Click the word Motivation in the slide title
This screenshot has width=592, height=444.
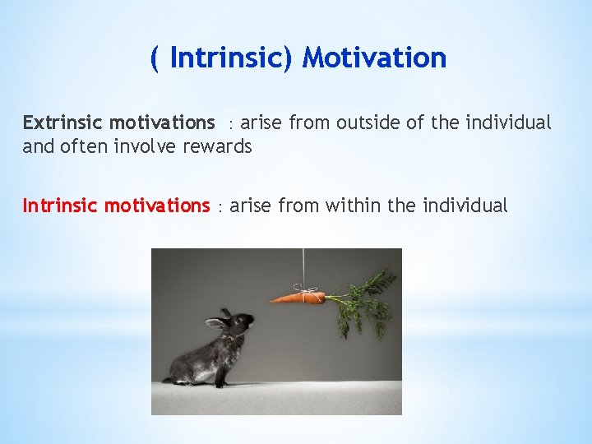(374, 58)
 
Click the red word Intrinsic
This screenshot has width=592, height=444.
(60, 206)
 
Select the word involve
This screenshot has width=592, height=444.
(141, 148)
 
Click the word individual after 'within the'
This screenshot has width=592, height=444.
(465, 206)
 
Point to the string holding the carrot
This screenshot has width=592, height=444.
(303, 267)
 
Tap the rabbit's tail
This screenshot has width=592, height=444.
(169, 379)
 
